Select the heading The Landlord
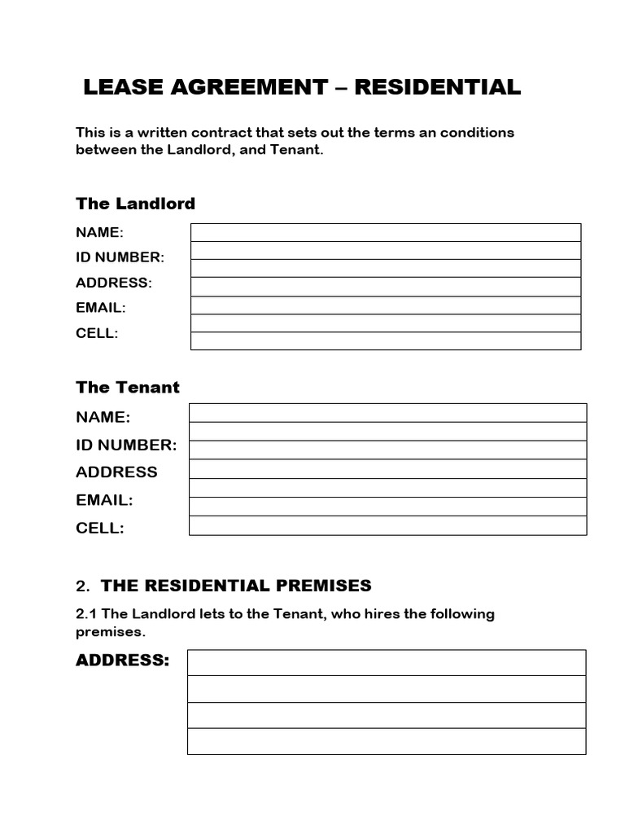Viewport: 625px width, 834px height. pos(135,204)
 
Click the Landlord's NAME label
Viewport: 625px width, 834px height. pos(99,233)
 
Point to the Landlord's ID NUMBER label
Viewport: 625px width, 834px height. pos(120,257)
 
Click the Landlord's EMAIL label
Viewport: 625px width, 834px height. pos(101,308)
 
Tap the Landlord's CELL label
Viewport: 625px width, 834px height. pos(97,333)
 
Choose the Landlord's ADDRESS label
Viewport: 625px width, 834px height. pos(114,283)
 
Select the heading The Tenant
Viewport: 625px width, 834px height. pos(128,388)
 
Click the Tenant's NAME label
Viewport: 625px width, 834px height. pos(103,417)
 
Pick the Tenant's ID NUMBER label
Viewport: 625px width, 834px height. pos(126,445)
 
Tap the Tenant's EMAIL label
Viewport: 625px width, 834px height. pos(104,500)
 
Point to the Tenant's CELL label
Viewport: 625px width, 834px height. pos(100,528)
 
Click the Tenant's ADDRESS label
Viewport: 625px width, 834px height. pos(116,472)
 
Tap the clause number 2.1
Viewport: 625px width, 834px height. pos(86,614)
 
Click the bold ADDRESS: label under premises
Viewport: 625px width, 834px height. pos(123,661)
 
